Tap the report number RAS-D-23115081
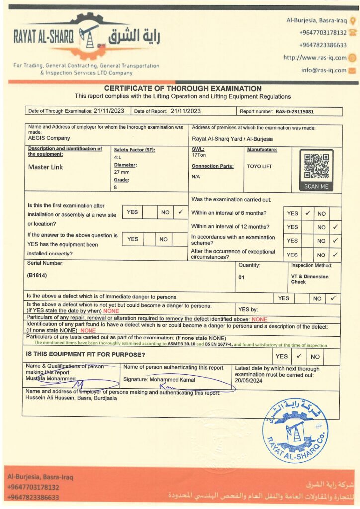295,112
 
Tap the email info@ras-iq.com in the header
323,70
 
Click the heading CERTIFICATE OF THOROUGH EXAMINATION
182,88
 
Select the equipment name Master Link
46,167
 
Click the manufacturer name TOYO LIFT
260,166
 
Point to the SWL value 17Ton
199,155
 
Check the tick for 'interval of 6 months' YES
308,213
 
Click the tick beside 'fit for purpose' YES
299,356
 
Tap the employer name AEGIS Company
49,138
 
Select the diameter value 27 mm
122,171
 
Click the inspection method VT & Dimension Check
310,279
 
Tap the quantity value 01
241,277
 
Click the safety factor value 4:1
118,156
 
